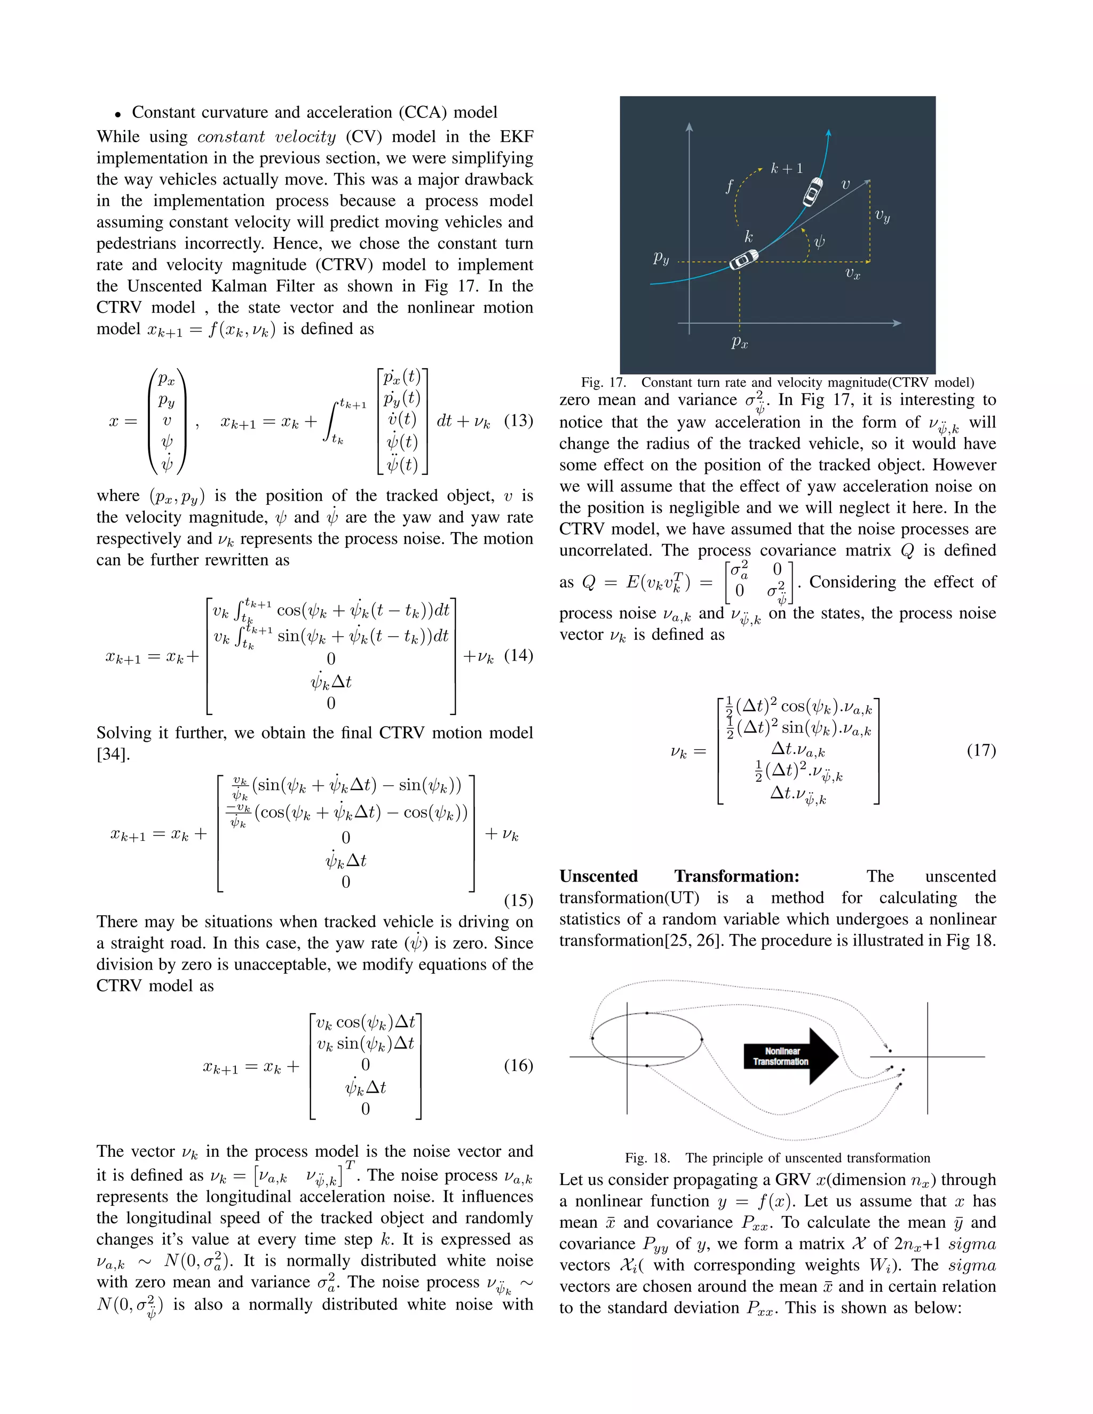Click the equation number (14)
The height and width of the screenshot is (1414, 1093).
tap(518, 655)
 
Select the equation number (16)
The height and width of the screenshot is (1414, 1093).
tap(518, 1065)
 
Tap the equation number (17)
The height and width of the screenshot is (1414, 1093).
tap(981, 750)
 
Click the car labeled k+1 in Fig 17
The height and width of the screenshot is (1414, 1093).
tap(813, 192)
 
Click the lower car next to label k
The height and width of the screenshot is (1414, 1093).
tap(743, 260)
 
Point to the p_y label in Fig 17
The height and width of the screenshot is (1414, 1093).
tap(661, 258)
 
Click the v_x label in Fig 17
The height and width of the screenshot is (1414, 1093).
tap(853, 274)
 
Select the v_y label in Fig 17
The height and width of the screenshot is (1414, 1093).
tap(882, 216)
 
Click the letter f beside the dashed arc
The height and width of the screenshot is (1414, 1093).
tap(729, 186)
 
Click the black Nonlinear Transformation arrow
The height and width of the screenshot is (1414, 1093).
tap(790, 1056)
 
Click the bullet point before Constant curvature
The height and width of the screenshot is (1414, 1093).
tap(118, 115)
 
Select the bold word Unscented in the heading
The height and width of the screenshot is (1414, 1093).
tap(598, 876)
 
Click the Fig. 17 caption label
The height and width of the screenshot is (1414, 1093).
tap(603, 382)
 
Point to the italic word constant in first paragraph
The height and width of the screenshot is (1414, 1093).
tap(225, 137)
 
